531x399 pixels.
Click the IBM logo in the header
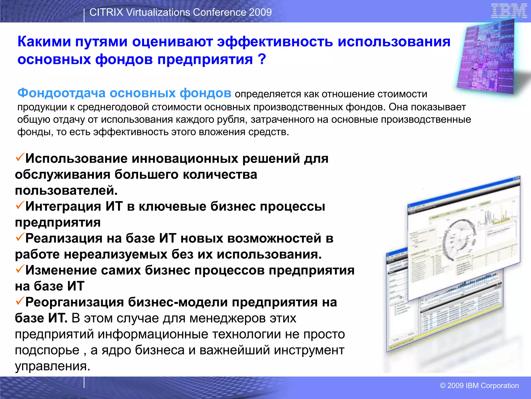pyautogui.click(x=509, y=11)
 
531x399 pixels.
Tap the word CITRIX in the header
pyautogui.click(x=106, y=12)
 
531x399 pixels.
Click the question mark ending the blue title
pyautogui.click(x=262, y=59)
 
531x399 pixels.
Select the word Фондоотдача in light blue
pyautogui.click(x=61, y=93)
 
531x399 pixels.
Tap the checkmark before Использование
pyautogui.click(x=20, y=157)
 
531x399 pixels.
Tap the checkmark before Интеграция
pyautogui.click(x=20, y=205)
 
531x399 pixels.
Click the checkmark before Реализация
pyautogui.click(x=20, y=237)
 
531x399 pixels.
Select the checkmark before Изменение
pyautogui.click(x=20, y=269)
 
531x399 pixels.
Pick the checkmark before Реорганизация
pyautogui.click(x=20, y=301)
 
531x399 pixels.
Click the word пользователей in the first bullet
pyautogui.click(x=66, y=190)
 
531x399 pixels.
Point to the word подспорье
pyautogui.click(x=47, y=350)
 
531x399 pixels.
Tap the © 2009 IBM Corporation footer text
pyautogui.click(x=479, y=385)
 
